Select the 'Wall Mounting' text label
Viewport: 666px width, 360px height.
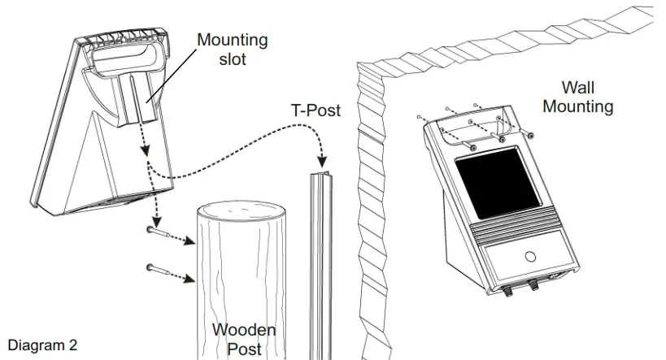pos(577,97)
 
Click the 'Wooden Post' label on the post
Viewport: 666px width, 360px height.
pos(243,339)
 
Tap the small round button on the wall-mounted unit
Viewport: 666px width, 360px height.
pos(530,256)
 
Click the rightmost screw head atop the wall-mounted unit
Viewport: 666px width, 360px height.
pos(529,135)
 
